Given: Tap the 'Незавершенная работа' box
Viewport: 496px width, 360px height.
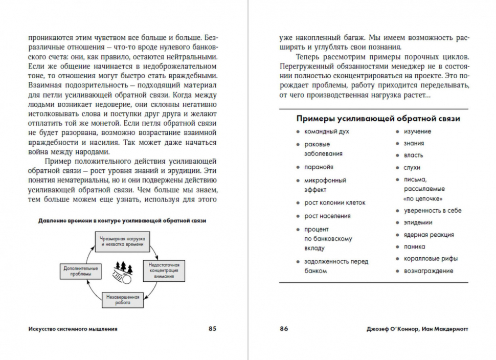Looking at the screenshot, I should coord(122,299).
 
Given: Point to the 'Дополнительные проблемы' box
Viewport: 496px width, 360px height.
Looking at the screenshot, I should coord(77,271).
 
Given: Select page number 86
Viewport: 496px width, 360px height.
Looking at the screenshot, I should coord(284,329).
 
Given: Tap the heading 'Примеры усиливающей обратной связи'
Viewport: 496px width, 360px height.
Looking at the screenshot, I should coord(378,119).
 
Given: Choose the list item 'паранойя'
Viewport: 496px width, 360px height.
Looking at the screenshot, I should coord(319,167).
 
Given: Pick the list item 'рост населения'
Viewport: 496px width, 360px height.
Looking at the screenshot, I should coord(327,216).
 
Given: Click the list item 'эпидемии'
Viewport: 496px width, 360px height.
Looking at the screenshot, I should coord(418,222).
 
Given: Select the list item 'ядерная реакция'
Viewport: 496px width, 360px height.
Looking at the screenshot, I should coord(429,235).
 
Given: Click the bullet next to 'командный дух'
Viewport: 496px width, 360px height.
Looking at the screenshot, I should coord(298,132).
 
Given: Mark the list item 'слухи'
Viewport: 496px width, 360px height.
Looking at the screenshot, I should coord(412,167).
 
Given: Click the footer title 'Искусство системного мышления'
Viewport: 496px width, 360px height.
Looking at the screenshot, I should coord(73,329).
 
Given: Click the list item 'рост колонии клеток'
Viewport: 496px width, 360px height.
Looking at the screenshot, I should coord(335,202).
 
